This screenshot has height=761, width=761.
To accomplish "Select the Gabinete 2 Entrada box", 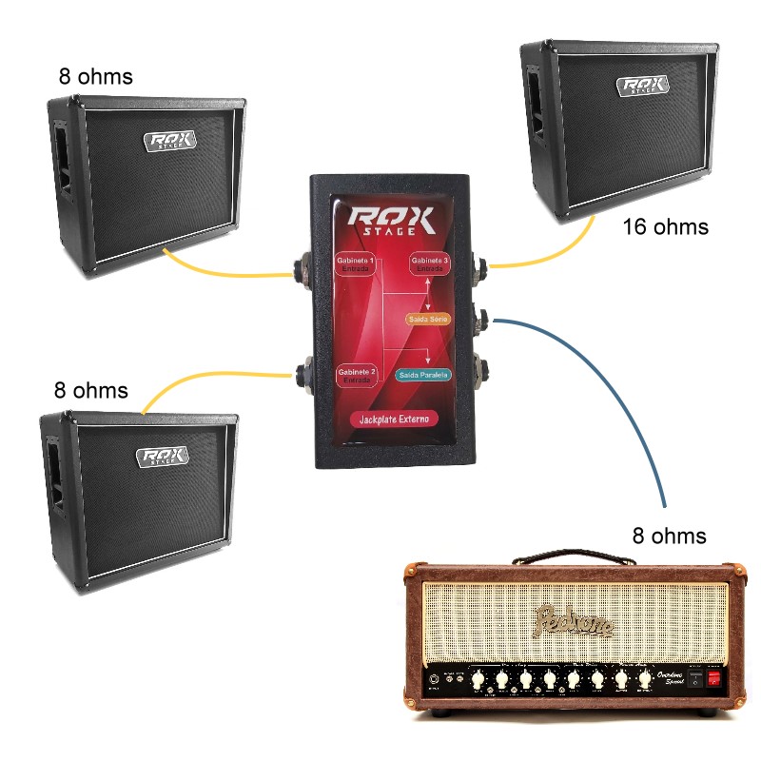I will click(x=356, y=376).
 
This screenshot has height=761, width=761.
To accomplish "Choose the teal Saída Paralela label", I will click(x=423, y=375).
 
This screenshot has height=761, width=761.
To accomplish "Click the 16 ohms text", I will click(x=666, y=227).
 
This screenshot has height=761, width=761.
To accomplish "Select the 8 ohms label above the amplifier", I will click(x=670, y=536).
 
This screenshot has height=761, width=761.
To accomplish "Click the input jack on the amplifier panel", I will click(x=436, y=679).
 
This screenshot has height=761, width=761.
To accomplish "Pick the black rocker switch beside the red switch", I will click(x=695, y=679).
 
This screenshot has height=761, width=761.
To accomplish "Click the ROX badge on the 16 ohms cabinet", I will click(x=644, y=85).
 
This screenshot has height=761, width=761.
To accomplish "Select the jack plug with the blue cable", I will click(x=481, y=319).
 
